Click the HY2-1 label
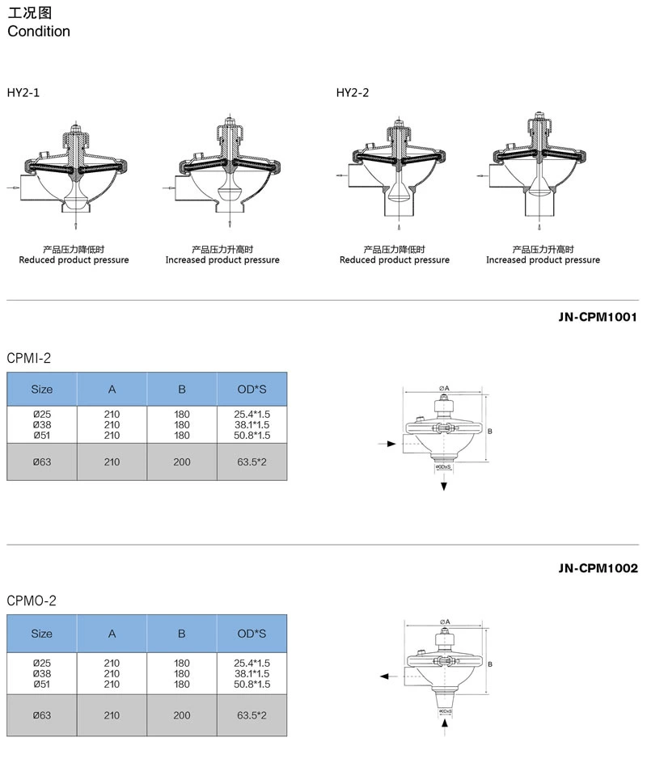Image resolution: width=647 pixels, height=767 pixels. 23,93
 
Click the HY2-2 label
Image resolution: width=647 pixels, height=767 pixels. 353,93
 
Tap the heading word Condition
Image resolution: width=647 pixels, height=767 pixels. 39,32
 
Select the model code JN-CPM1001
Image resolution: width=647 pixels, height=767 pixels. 598,318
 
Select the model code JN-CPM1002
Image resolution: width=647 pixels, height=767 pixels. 598,568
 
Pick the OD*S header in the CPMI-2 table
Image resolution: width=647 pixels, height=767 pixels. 252,389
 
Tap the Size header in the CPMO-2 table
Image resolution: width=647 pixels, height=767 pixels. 41,634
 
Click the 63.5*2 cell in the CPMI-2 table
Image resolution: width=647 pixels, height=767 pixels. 252,462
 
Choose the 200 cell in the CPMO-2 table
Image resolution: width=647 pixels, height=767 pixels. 182,715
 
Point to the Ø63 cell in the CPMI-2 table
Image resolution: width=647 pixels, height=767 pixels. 41,462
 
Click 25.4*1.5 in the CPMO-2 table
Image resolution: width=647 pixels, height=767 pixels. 252,663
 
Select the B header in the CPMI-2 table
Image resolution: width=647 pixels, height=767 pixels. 182,389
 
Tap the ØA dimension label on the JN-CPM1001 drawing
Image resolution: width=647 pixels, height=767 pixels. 444,389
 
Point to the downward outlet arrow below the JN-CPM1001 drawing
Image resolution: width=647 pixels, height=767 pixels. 444,484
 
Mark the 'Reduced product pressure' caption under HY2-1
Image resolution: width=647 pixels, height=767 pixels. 74,260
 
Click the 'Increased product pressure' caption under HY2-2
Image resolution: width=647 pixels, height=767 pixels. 543,260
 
